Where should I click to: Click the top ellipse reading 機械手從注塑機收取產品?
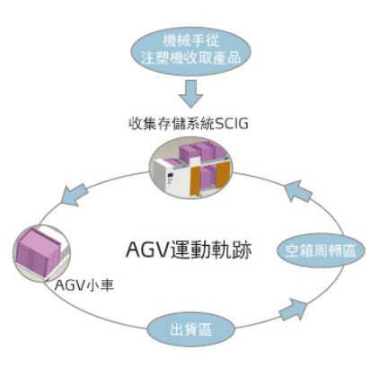click(190, 50)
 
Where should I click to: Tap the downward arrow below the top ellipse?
click(191, 94)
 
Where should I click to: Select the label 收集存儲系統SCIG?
click(189, 123)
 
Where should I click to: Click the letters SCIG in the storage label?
click(232, 123)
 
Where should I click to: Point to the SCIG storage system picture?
click(190, 168)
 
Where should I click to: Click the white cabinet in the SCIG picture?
click(169, 178)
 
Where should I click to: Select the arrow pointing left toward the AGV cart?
click(74, 194)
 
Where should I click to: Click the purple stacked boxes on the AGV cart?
click(39, 252)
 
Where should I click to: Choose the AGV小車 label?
click(84, 285)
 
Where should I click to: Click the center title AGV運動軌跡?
click(189, 249)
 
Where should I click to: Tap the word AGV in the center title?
click(146, 249)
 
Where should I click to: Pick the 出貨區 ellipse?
click(191, 329)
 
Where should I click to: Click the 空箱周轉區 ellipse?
click(321, 250)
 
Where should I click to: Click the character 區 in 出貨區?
click(206, 330)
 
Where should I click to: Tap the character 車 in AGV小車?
click(107, 285)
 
